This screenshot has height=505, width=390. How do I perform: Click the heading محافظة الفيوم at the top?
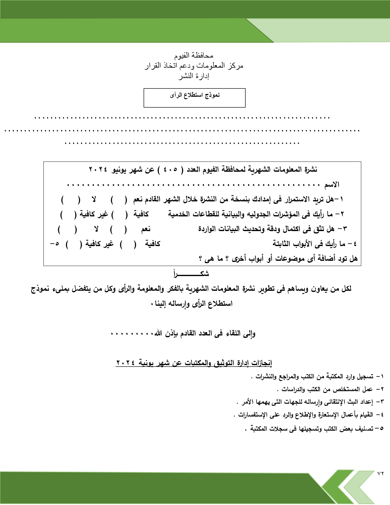click(x=194, y=56)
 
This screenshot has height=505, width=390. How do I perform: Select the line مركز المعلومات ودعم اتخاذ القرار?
click(x=194, y=66)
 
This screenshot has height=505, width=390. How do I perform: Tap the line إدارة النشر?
click(x=194, y=76)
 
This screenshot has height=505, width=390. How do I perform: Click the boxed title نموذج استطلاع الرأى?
click(x=195, y=95)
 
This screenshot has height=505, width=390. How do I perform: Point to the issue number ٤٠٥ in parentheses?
click(x=170, y=170)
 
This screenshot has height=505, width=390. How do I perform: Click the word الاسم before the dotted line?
click(x=332, y=185)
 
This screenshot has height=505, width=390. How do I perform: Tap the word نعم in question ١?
click(x=138, y=200)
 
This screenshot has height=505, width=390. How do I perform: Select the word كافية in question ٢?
click(x=141, y=215)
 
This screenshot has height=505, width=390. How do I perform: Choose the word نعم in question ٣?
click(x=146, y=229)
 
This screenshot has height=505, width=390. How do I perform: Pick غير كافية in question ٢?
click(x=94, y=215)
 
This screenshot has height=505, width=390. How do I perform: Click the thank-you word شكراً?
click(x=191, y=274)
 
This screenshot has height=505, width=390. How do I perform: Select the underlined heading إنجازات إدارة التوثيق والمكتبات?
click(x=194, y=363)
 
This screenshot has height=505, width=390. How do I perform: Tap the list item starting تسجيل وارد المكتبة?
click(x=315, y=376)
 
